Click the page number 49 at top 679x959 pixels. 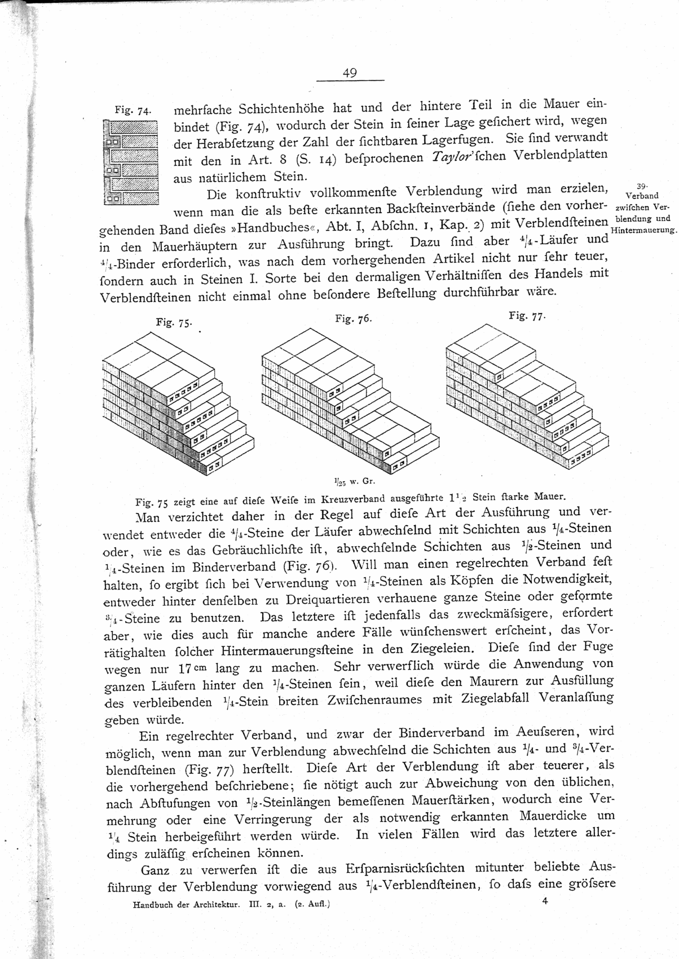coord(350,73)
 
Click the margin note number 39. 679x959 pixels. coord(641,186)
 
